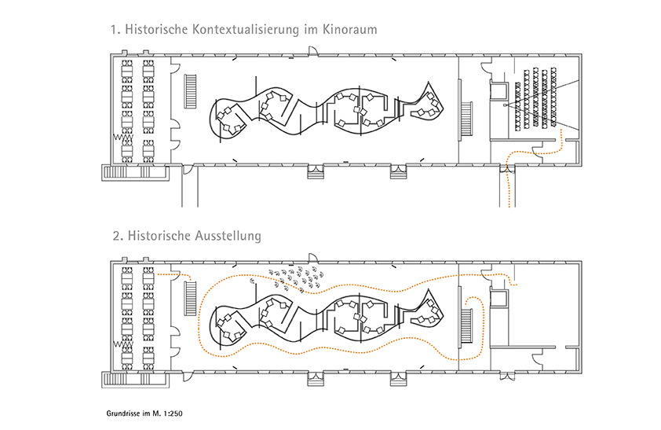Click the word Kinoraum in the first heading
[346, 31]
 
